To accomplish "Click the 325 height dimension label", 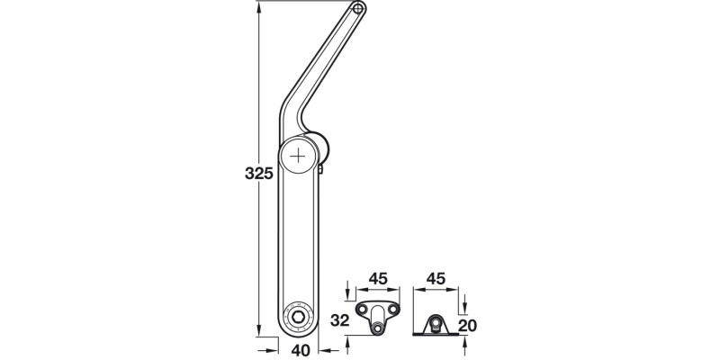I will [x=258, y=174].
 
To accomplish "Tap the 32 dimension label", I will [x=337, y=319].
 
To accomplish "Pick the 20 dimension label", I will [x=465, y=325].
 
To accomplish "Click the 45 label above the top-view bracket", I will [x=377, y=279].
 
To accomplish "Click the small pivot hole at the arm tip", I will [x=358, y=9].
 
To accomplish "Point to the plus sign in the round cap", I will [x=297, y=155].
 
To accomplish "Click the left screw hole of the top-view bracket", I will [x=363, y=310].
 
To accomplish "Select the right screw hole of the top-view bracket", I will [x=392, y=310].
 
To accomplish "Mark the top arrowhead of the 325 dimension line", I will [x=258, y=8].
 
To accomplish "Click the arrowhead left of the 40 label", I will [x=272, y=349].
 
